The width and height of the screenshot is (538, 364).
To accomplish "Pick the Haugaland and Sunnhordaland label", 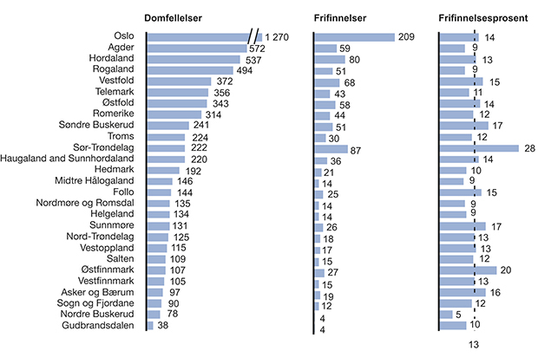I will click(x=70, y=159).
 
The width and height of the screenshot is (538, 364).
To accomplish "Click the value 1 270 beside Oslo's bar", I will click(x=279, y=37).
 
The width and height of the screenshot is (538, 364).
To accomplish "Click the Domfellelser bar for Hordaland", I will click(x=196, y=60).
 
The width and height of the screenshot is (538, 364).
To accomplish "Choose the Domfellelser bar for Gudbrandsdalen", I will click(x=150, y=325).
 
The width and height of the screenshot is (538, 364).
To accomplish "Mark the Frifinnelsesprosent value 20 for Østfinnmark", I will click(x=506, y=270).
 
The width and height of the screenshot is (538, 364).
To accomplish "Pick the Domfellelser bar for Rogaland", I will click(x=190, y=70).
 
